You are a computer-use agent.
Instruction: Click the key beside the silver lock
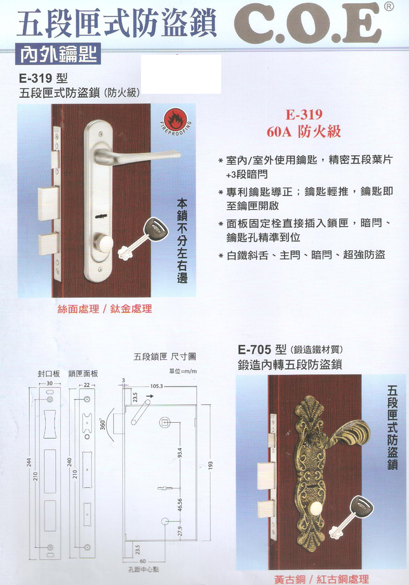pos(142,238)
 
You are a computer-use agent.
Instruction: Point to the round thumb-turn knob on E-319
pos(104,243)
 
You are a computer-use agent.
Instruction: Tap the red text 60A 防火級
pos(304,132)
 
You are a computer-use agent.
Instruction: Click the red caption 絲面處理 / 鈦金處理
pos(105,309)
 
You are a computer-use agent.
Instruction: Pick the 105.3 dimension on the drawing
pos(157,386)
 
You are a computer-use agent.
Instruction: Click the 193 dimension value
pos(210,465)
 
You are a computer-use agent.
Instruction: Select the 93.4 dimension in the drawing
pos(180,453)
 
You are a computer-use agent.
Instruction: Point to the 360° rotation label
pos(103,424)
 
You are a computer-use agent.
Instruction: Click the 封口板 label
pos(48,373)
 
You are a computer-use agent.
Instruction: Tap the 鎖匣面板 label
pos(83,373)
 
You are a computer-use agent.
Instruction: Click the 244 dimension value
pos(29,462)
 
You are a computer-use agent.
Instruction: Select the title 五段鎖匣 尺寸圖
pos(164,357)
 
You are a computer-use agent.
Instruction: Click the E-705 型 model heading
pos(262,350)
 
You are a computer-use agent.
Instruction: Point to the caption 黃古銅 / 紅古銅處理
pos(321,579)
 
